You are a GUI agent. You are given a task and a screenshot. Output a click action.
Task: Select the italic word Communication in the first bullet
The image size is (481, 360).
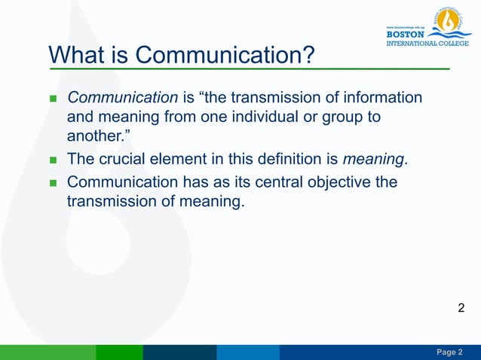(x=122, y=98)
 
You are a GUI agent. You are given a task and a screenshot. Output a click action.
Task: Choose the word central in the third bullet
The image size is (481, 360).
(x=290, y=182)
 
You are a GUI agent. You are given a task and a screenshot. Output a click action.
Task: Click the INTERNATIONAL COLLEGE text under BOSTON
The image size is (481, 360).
(x=427, y=42)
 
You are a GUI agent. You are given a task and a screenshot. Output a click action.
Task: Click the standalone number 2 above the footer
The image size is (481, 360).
(x=461, y=307)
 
